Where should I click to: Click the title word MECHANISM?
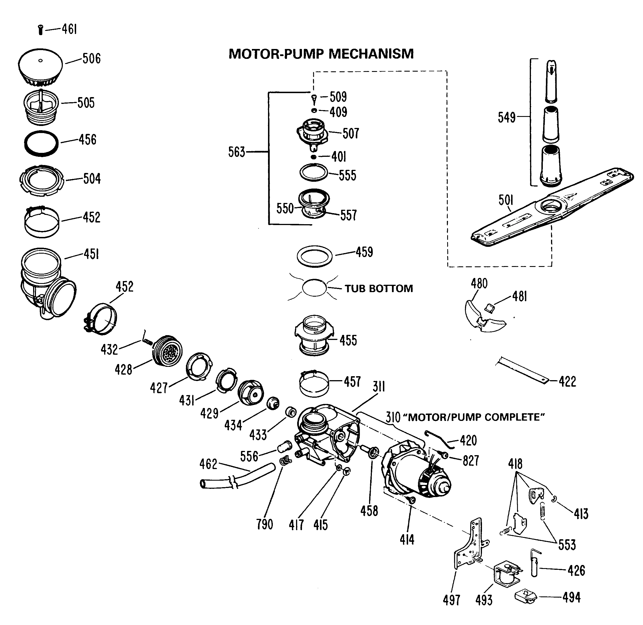[x=371, y=54]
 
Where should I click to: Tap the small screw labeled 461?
[x=40, y=30]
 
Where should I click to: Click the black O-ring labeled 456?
[x=41, y=144]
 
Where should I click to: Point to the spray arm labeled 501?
[x=551, y=208]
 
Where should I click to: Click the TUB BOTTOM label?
[x=378, y=288]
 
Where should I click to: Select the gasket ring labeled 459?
[x=314, y=256]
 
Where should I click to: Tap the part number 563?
[x=237, y=152]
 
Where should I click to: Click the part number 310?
[x=393, y=417]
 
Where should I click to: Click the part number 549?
[x=507, y=117]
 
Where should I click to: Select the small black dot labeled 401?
[x=314, y=157]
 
